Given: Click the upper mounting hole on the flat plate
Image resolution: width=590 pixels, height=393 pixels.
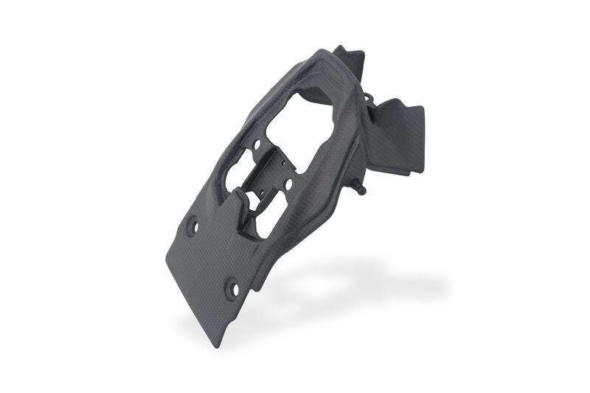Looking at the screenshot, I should tap(195, 226).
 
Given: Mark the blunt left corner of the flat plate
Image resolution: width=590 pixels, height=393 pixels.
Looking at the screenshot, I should tap(168, 260).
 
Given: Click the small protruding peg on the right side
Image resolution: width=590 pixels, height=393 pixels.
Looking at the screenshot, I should tap(362, 191).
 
